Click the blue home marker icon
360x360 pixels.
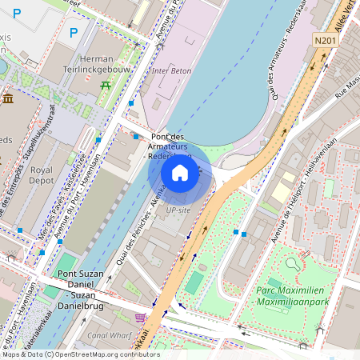180,173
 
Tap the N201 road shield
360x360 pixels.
326,40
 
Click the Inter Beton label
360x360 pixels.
172,71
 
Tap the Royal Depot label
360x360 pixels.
41,175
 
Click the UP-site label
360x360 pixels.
178,210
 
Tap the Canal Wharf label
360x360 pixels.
110,334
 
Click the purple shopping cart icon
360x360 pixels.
140,318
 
